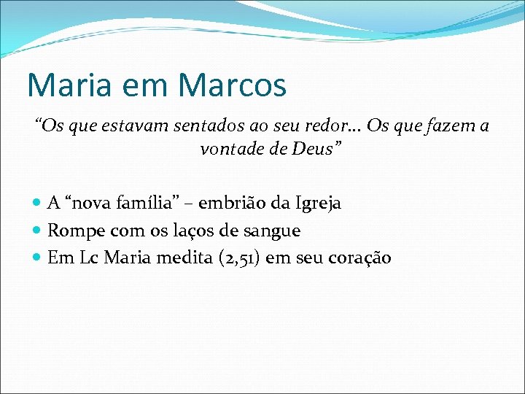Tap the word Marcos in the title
coord(232,85)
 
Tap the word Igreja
coord(315,204)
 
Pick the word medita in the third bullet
coord(173,258)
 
